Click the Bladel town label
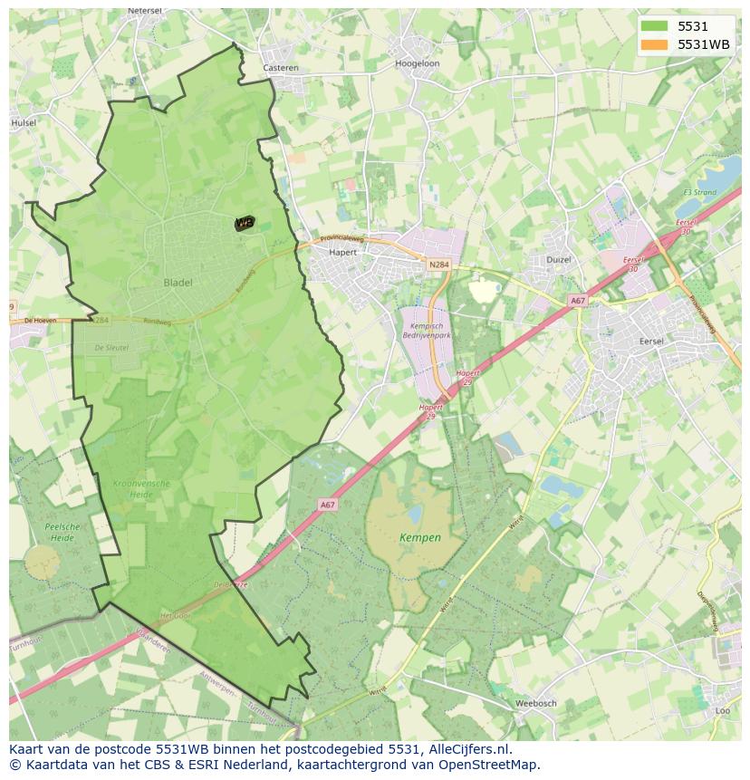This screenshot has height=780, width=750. click(178, 283)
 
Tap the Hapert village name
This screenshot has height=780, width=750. click(343, 253)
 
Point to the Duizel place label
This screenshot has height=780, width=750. click(559, 260)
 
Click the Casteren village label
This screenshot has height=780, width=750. click(280, 68)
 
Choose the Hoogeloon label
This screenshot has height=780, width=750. click(417, 64)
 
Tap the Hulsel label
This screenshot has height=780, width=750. click(24, 122)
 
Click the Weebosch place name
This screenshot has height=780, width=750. click(534, 703)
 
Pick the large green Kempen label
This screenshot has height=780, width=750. click(420, 537)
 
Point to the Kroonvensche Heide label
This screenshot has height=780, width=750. click(141, 489)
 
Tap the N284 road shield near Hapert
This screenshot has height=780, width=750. click(438, 265)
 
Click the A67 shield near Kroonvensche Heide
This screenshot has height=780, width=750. click(327, 505)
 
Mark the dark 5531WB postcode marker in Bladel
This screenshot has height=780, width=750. click(244, 223)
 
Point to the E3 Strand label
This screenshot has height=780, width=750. click(699, 193)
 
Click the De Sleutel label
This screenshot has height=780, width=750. click(112, 347)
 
